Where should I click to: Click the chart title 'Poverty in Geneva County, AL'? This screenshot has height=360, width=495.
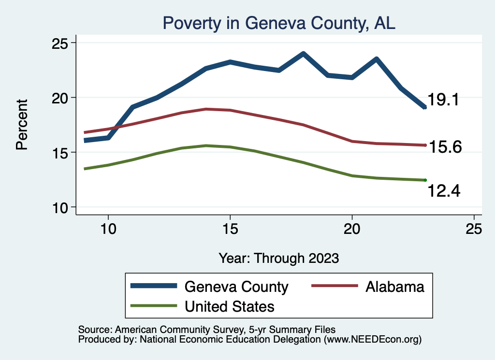(279, 23)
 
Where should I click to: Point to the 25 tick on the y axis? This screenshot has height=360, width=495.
(60, 43)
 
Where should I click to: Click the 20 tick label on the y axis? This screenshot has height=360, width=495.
(60, 98)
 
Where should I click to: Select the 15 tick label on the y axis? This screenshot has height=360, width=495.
(60, 153)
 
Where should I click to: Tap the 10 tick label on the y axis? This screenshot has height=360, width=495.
(60, 207)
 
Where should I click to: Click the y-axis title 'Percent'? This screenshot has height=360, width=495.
(22, 125)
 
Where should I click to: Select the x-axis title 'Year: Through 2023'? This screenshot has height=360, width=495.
(278, 258)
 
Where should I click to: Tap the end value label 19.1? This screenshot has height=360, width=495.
(443, 101)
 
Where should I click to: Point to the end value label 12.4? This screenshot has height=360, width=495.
(444, 191)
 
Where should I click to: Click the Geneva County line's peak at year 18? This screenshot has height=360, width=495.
(303, 54)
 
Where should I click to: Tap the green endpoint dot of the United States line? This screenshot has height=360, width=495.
(425, 180)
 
